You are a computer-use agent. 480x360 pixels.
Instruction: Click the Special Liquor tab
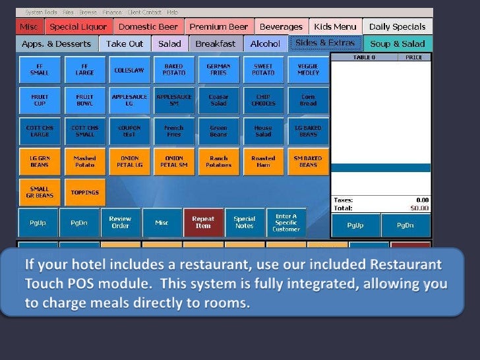pyautogui.click(x=78, y=27)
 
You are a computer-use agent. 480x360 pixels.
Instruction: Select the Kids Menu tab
pyautogui.click(x=335, y=27)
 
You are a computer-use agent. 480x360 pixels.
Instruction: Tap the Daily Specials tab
pyautogui.click(x=397, y=27)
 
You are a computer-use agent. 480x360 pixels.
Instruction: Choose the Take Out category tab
pyautogui.click(x=125, y=44)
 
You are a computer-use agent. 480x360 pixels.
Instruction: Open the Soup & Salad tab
pyautogui.click(x=398, y=44)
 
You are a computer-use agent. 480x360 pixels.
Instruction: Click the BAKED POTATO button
pyautogui.click(x=174, y=70)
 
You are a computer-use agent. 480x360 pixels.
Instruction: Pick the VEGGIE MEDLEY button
pyautogui.click(x=308, y=70)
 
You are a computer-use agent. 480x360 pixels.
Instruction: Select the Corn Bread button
pyautogui.click(x=308, y=100)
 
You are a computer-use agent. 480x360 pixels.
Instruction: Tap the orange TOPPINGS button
pyautogui.click(x=85, y=193)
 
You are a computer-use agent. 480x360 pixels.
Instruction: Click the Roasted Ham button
pyautogui.click(x=263, y=162)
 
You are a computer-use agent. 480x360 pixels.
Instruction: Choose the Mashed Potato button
pyautogui.click(x=85, y=162)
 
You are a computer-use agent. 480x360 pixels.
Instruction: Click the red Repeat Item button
pyautogui.click(x=203, y=223)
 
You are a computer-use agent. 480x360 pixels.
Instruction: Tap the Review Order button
pyautogui.click(x=120, y=223)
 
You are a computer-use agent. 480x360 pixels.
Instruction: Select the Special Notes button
pyautogui.click(x=245, y=223)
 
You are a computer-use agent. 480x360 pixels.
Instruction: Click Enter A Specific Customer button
pyautogui.click(x=286, y=223)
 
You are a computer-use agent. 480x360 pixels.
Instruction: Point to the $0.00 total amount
pyautogui.click(x=419, y=208)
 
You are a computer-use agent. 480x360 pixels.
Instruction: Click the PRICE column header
pyautogui.click(x=413, y=58)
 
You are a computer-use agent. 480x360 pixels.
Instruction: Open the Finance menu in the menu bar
pyautogui.click(x=112, y=13)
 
